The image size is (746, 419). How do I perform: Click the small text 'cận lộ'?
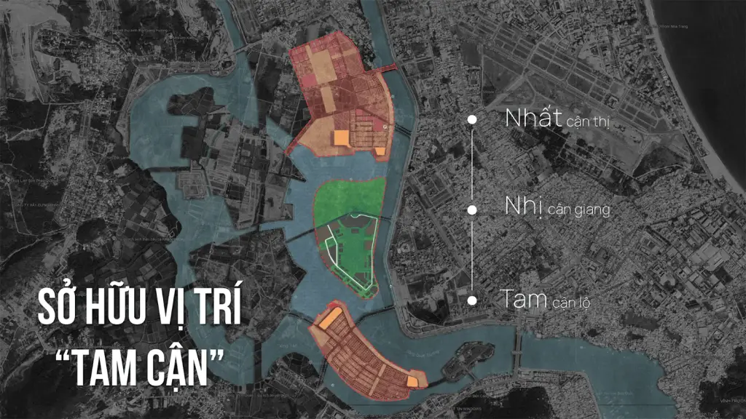tap(572, 302)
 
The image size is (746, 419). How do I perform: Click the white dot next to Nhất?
tap(472, 119)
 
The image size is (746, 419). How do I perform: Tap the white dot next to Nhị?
tap(472, 209)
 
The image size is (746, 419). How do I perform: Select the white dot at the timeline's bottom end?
tap(472, 300)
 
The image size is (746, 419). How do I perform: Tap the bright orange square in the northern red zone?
tap(342, 139)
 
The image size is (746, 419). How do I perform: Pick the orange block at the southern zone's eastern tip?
tap(414, 381)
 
